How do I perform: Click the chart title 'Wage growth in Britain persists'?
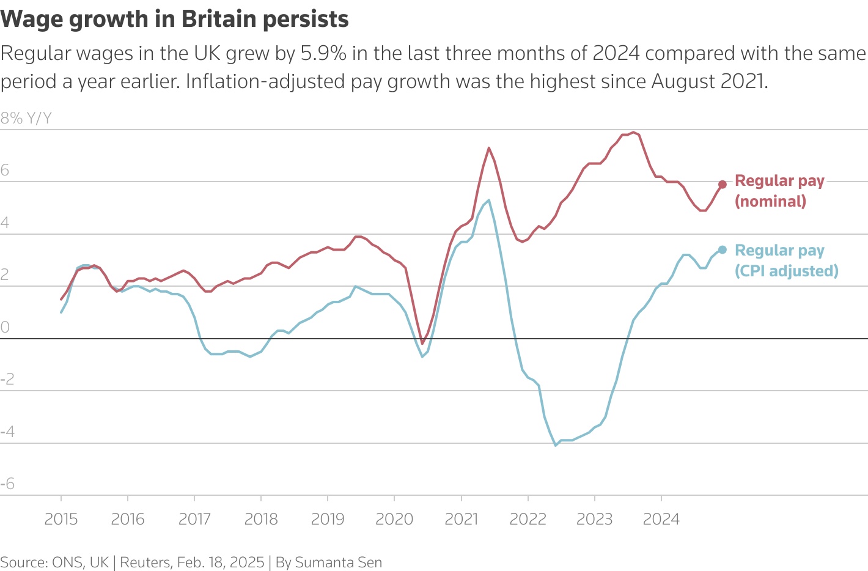(175, 20)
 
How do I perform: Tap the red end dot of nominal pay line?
(722, 184)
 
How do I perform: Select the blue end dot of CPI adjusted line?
(722, 249)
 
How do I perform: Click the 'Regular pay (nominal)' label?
(779, 191)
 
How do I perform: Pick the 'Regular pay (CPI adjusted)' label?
(786, 260)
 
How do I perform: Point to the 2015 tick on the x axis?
(61, 519)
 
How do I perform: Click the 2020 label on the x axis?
(394, 519)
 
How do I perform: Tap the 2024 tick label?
(661, 519)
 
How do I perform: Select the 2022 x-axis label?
(528, 519)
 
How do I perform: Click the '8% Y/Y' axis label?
(26, 119)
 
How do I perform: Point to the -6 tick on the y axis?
(7, 484)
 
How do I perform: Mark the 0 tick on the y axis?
(6, 327)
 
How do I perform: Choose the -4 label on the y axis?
(7, 432)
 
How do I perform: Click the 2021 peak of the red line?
(489, 148)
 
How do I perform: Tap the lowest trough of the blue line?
(556, 445)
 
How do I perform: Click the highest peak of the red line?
(633, 132)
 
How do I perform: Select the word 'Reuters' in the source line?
(145, 562)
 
